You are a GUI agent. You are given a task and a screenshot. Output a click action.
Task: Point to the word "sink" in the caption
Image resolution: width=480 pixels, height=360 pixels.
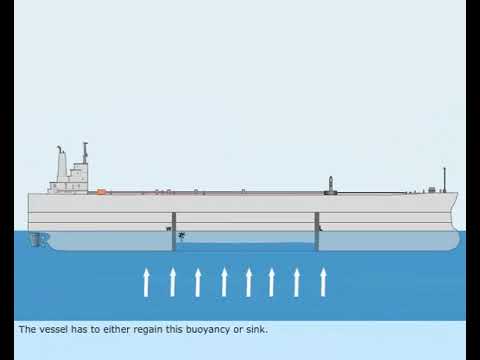point(256,329)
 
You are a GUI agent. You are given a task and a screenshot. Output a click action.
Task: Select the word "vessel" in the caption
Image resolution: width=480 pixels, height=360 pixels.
point(49,329)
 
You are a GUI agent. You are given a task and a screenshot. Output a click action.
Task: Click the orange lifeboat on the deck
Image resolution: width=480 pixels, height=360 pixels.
point(101,190)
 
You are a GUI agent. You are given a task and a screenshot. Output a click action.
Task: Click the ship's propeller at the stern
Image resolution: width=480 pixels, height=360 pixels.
point(37,239)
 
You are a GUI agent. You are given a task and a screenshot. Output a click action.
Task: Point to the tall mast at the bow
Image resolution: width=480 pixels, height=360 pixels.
point(444,179)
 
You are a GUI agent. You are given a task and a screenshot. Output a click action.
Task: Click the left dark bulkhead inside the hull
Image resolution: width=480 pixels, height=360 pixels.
point(173,231)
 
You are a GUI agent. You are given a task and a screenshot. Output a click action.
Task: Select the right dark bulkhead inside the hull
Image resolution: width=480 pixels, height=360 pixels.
point(317,231)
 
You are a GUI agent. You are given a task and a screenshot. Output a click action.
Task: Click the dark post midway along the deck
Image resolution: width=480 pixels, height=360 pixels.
point(332,184)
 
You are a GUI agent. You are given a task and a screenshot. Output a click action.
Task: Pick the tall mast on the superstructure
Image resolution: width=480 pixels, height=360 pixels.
point(85,155)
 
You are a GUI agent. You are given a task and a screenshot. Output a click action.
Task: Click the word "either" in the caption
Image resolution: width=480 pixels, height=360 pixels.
point(103,329)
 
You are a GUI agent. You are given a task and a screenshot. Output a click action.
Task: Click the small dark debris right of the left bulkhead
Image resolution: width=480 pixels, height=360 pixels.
point(183,236)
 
